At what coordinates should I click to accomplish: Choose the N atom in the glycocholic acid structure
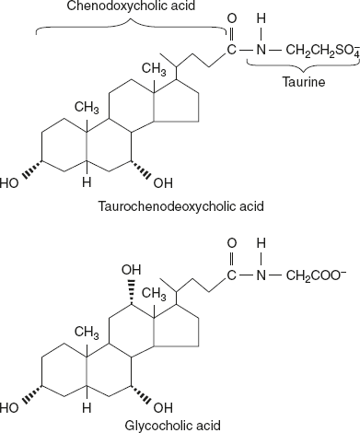pyautogui.click(x=260, y=274)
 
